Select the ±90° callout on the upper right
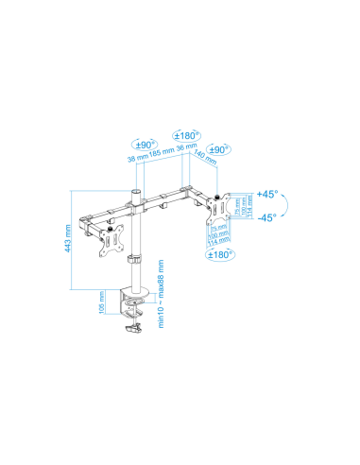219,150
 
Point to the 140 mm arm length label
200,163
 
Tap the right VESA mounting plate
218,215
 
